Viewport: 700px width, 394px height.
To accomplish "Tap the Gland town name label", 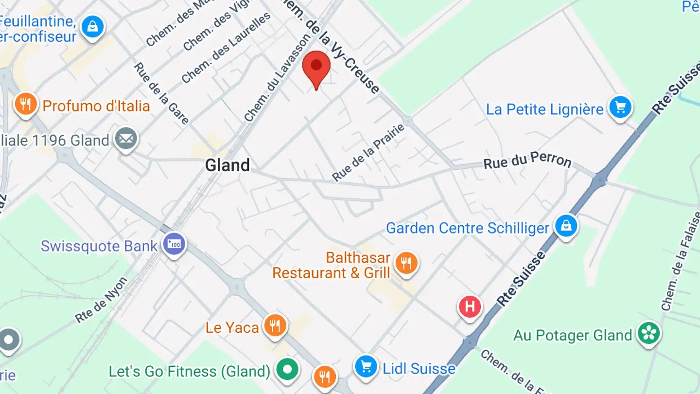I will click(227, 165).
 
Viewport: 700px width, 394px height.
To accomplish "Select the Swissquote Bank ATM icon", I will click(174, 244).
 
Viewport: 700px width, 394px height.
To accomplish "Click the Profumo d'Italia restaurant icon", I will click(26, 104).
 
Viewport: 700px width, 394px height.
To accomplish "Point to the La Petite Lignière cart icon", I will click(620, 107).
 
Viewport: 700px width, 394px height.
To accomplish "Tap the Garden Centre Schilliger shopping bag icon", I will click(566, 226).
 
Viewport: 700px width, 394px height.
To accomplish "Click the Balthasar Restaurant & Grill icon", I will click(406, 263).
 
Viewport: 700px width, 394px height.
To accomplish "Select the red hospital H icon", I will click(470, 307).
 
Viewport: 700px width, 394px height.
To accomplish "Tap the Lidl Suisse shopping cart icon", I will click(366, 366).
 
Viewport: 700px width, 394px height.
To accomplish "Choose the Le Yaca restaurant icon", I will click(275, 325).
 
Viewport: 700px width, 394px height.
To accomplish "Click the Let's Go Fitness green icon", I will click(287, 370).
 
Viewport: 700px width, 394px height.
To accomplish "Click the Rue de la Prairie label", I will click(368, 153).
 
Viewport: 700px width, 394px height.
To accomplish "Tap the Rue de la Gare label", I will click(161, 93).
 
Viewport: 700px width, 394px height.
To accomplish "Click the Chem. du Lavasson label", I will click(277, 78).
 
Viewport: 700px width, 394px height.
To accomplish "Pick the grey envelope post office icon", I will click(126, 139).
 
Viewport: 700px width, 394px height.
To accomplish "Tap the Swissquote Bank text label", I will click(99, 246).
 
